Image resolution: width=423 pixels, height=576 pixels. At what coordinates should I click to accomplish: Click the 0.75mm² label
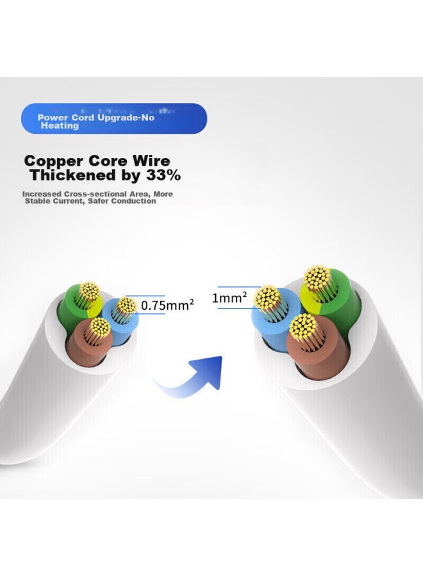[x=167, y=305]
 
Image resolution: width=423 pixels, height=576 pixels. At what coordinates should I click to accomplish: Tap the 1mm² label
[x=229, y=298]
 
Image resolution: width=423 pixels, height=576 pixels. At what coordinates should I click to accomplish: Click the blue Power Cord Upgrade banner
[x=114, y=118]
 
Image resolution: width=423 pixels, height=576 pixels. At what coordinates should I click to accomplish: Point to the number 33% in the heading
[x=163, y=175]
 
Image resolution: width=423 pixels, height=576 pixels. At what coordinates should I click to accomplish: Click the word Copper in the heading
[x=54, y=162]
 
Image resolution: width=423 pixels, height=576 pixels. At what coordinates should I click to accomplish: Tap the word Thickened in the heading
[x=73, y=175]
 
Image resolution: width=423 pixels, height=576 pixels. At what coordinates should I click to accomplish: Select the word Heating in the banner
[x=60, y=125]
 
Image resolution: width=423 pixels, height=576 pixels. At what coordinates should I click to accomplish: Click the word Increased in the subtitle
[x=42, y=194]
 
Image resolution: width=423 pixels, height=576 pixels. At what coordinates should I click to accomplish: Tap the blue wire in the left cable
[x=120, y=319]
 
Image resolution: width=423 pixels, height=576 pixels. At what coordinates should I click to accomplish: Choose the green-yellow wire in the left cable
[x=78, y=305]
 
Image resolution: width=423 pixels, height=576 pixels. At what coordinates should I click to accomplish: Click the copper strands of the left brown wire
[x=101, y=326]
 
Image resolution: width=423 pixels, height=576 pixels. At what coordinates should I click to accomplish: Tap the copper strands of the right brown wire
[x=303, y=326]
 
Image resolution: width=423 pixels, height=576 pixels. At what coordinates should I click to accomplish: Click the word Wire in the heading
[x=151, y=161]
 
